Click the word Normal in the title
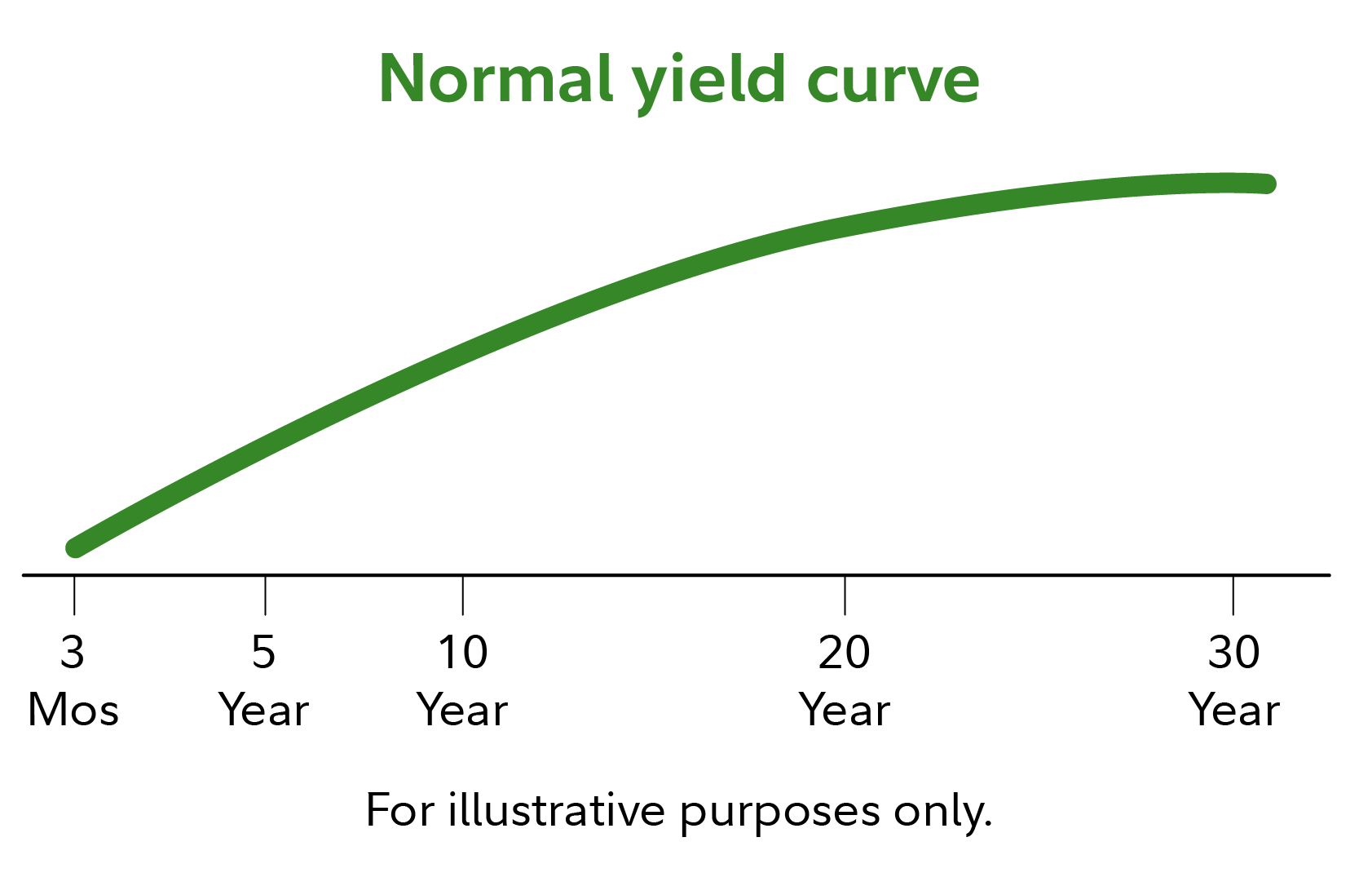click(496, 79)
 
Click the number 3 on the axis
click(73, 652)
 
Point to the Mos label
click(73, 709)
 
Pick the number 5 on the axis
click(264, 652)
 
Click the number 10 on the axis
click(463, 652)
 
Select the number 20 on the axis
click(844, 652)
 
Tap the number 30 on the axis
click(1233, 652)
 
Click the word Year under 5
click(264, 709)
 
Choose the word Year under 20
click(844, 709)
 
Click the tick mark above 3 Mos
click(74, 595)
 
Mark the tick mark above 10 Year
click(463, 595)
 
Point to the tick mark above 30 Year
click(1233, 595)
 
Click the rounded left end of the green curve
click(75, 547)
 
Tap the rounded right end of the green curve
click(1268, 184)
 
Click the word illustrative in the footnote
click(557, 810)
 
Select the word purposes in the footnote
click(779, 817)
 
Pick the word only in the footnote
click(942, 813)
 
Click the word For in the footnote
click(400, 811)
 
